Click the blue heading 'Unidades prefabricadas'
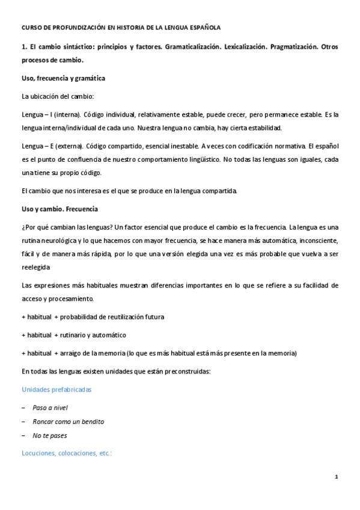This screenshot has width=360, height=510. point(56,390)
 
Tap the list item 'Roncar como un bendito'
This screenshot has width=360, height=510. point(69,422)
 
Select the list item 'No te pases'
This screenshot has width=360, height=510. point(50,435)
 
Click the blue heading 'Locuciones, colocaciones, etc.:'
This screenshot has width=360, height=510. point(66,453)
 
